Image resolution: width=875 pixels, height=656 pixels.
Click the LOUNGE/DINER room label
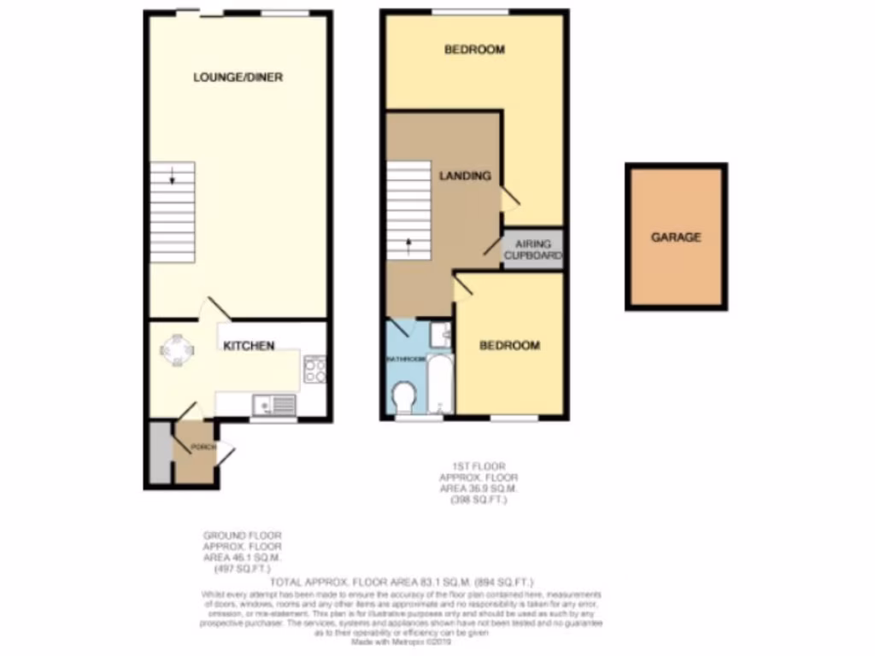point(238,77)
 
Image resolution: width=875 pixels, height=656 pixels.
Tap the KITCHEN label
point(249,346)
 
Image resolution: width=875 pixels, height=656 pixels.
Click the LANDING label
point(465,176)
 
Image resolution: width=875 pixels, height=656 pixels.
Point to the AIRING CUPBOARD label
point(533,250)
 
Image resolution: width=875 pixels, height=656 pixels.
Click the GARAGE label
point(676,237)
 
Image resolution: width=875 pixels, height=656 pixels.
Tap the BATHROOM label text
point(406,360)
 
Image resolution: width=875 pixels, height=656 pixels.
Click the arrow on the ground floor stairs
point(173,178)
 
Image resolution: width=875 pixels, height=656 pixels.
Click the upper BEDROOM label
point(474,50)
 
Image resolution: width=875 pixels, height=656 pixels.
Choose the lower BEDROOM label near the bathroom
point(509,345)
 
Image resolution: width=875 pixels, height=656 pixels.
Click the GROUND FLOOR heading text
point(242,536)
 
